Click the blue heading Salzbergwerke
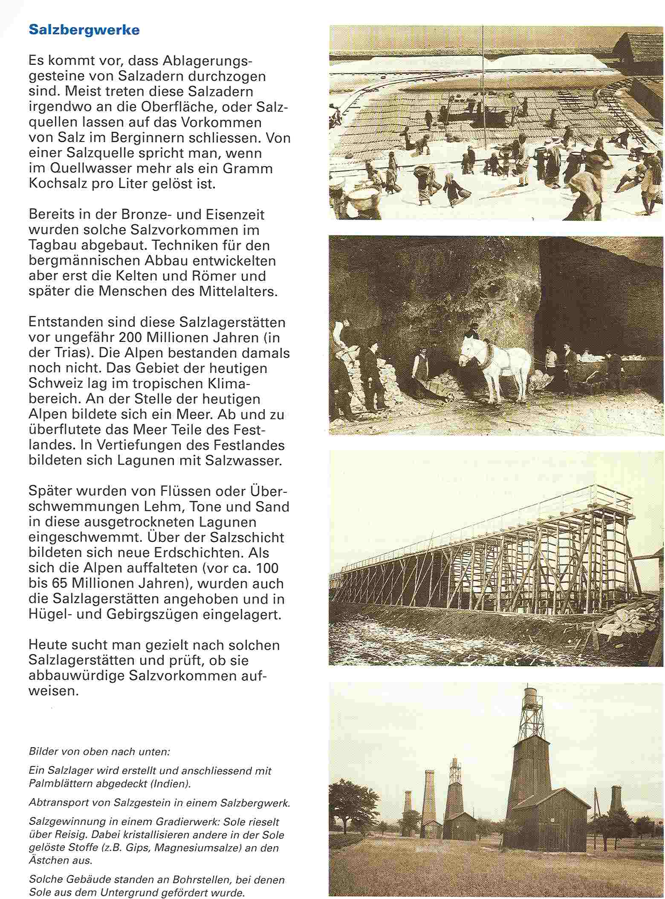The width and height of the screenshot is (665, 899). click(84, 30)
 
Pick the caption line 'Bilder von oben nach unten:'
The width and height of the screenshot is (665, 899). click(99, 752)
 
